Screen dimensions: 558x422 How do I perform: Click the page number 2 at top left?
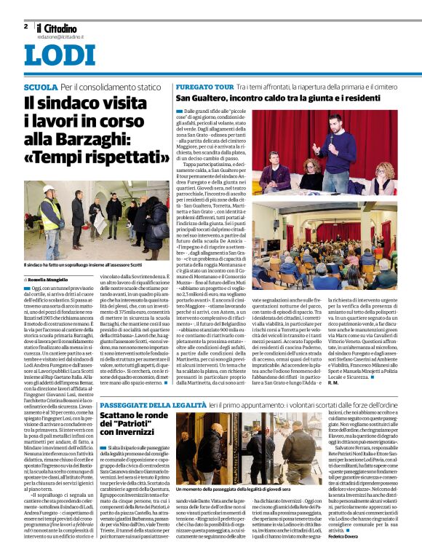25,26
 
